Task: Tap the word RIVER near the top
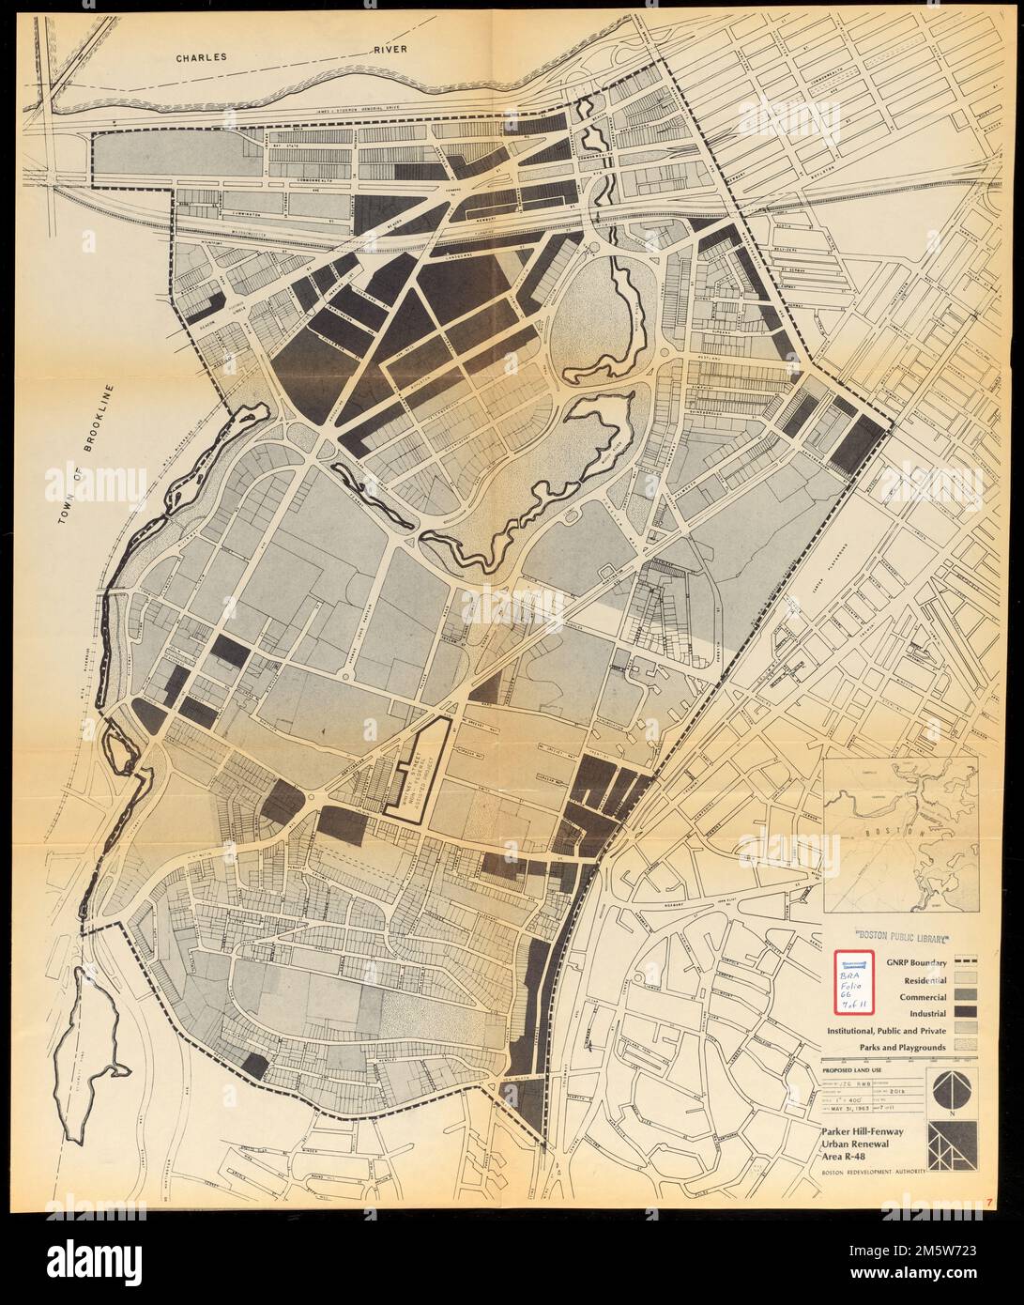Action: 387,50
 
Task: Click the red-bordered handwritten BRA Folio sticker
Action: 853,981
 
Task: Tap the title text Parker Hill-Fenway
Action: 864,1133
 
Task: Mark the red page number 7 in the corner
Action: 990,1204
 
